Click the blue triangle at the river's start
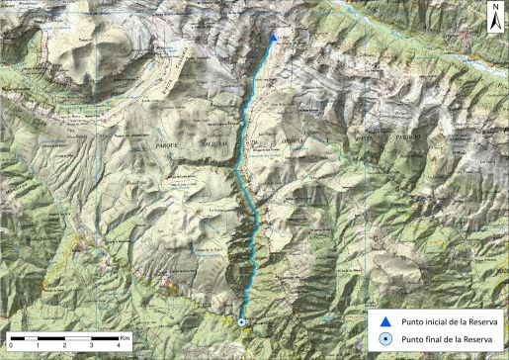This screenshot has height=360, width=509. (x=273, y=39)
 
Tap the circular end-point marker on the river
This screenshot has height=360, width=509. (x=242, y=321)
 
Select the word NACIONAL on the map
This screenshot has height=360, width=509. (x=216, y=141)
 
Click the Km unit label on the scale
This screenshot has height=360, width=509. (x=127, y=337)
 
